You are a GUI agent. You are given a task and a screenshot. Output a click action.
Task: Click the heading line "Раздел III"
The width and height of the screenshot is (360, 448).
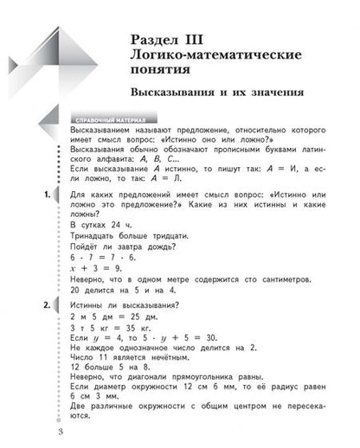click(x=174, y=38)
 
